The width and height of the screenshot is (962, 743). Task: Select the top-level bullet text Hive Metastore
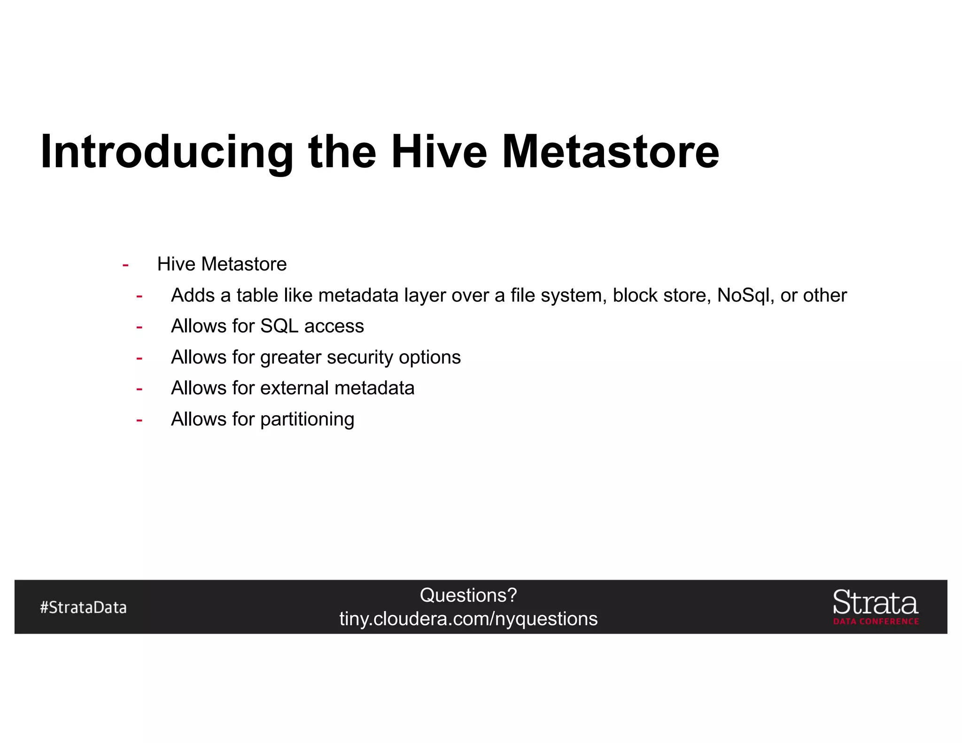(x=222, y=264)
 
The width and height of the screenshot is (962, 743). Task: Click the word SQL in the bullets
(x=279, y=326)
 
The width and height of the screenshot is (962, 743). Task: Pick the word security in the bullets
(x=359, y=357)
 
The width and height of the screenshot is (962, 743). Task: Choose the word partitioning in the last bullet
(x=307, y=419)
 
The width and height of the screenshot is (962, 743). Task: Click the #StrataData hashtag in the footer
(x=83, y=607)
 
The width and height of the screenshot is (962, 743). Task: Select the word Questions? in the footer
(x=468, y=596)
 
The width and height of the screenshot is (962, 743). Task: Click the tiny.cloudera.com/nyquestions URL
(x=468, y=619)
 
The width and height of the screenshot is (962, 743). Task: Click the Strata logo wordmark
(x=875, y=603)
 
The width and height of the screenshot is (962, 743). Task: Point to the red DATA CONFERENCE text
(x=876, y=621)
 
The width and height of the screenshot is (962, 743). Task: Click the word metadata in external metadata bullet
(x=374, y=388)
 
